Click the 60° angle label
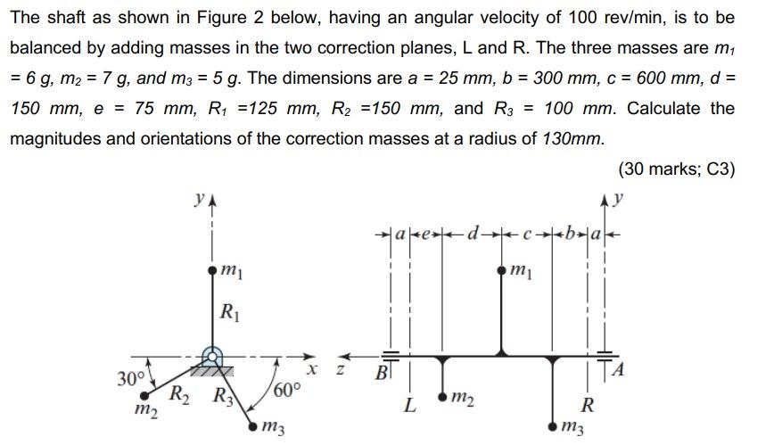[x=288, y=391]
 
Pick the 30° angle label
[x=131, y=378]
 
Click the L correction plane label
[x=409, y=407]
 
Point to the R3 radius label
[x=219, y=393]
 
